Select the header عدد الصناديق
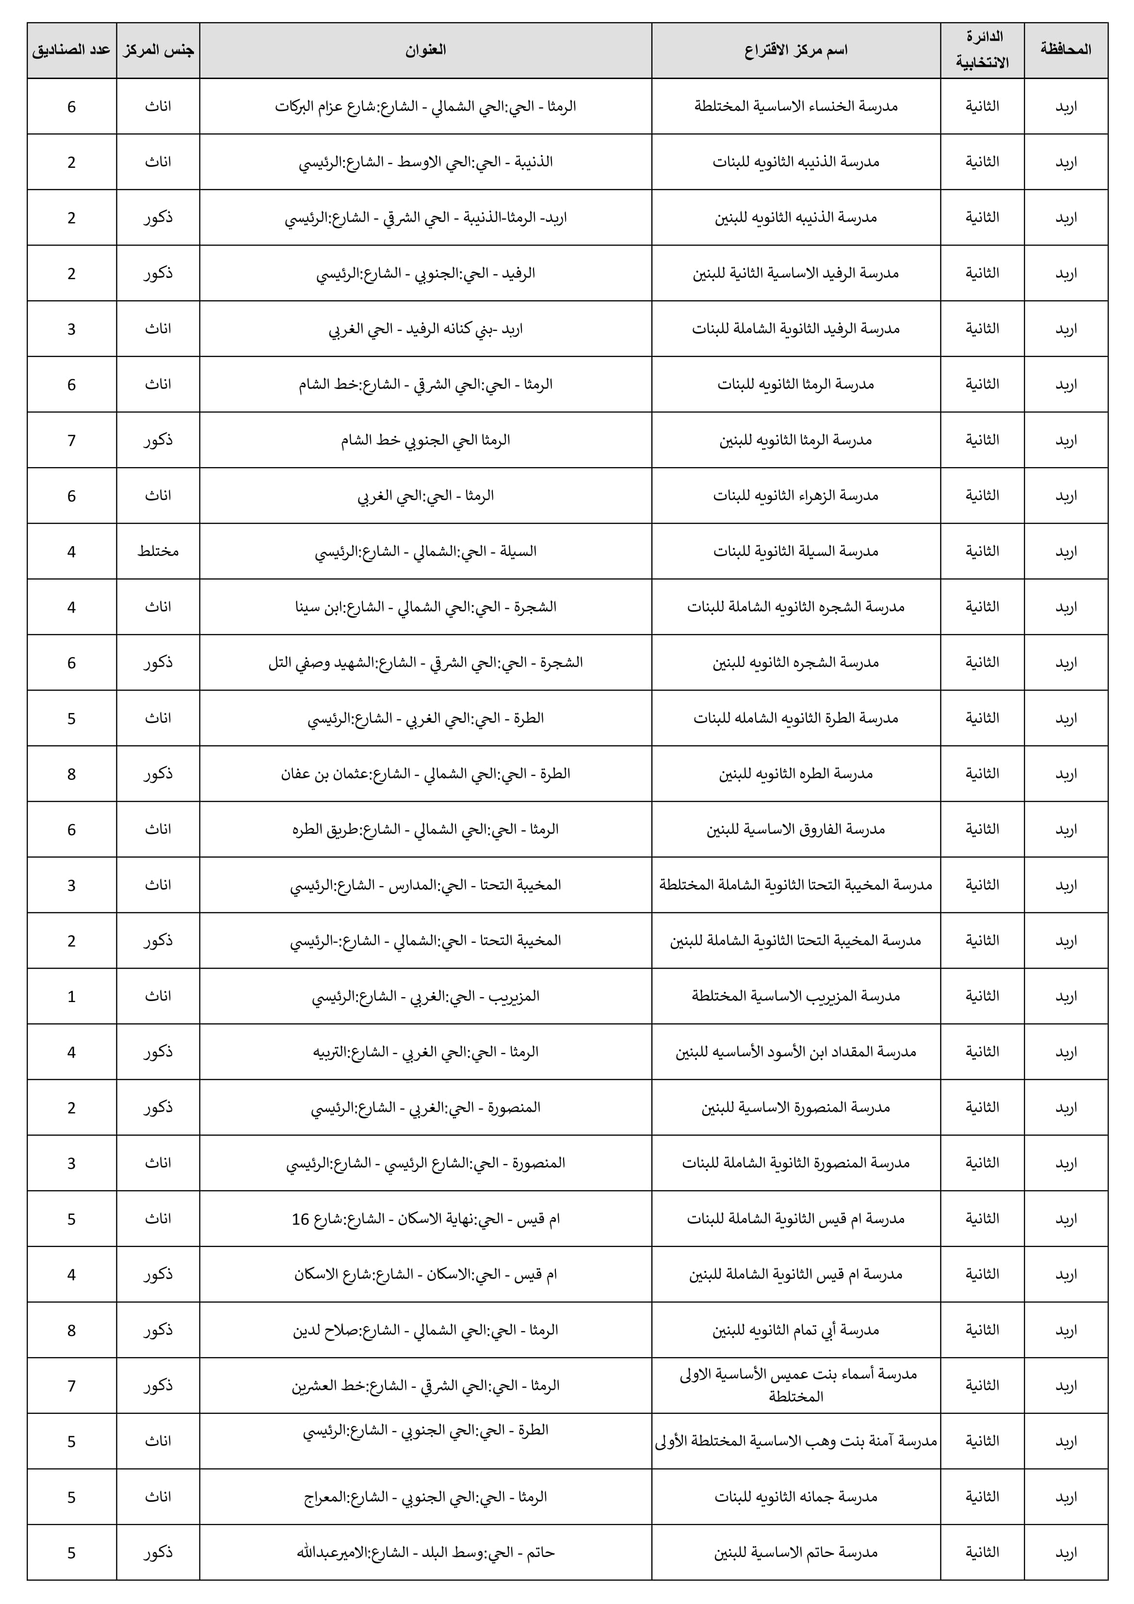pyautogui.click(x=71, y=49)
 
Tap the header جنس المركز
pyautogui.click(x=158, y=49)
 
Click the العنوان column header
pyautogui.click(x=425, y=49)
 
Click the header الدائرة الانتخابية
pyautogui.click(x=982, y=49)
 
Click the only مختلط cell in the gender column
pyautogui.click(x=158, y=551)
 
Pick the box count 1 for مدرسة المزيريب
pyautogui.click(x=71, y=996)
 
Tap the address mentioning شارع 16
pyautogui.click(x=425, y=1219)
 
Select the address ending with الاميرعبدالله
pyautogui.click(x=425, y=1553)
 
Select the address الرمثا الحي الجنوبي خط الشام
pyautogui.click(x=425, y=440)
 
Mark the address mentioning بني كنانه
pyautogui.click(x=425, y=329)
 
